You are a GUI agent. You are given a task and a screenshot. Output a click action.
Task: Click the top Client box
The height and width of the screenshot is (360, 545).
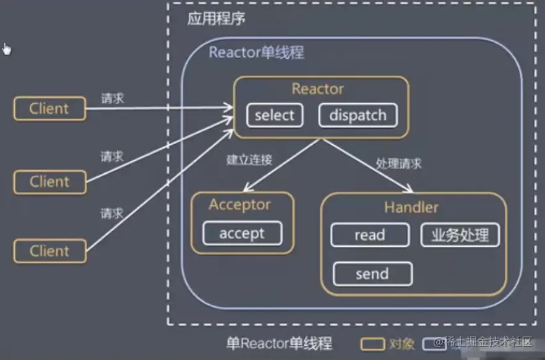pyautogui.click(x=49, y=109)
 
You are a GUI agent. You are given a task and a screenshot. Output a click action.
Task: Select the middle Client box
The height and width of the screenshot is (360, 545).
pyautogui.click(x=49, y=182)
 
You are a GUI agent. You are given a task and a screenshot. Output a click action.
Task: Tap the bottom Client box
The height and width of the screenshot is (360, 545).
pyautogui.click(x=49, y=251)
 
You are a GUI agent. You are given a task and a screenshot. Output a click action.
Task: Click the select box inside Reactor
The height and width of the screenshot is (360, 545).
pyautogui.click(x=275, y=115)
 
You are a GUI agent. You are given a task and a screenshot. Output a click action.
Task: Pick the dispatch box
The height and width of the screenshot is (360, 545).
pyautogui.click(x=358, y=115)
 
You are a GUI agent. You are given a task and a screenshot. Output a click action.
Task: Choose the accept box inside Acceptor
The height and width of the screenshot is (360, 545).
pyautogui.click(x=242, y=233)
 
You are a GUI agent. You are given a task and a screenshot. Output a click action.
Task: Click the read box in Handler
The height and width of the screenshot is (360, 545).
pyautogui.click(x=369, y=235)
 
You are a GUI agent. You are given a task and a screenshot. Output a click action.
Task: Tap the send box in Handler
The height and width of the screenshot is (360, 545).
pyautogui.click(x=372, y=274)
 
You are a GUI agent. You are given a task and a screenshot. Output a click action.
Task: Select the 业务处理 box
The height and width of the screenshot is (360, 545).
pyautogui.click(x=460, y=235)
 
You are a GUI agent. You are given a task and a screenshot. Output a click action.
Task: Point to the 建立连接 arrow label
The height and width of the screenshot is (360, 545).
pyautogui.click(x=249, y=160)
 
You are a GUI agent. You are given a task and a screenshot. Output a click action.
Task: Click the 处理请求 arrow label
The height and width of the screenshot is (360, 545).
pyautogui.click(x=399, y=164)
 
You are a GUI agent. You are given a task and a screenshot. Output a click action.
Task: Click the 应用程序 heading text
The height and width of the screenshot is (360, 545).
pyautogui.click(x=217, y=19)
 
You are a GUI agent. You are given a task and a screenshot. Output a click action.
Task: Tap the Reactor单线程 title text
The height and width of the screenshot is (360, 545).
pyautogui.click(x=256, y=52)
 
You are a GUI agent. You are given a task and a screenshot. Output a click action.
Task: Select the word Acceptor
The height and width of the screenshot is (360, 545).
pyautogui.click(x=240, y=204)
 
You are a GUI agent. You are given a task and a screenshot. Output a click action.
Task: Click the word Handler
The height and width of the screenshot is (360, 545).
pyautogui.click(x=411, y=207)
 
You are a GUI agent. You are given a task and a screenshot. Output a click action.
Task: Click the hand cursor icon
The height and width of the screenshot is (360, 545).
pyautogui.click(x=7, y=49)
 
